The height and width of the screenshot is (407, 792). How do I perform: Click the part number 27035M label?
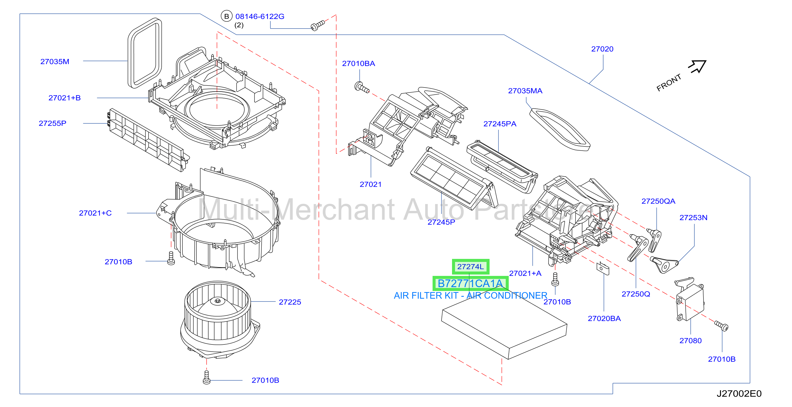point(55,62)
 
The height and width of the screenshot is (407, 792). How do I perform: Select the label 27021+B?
point(65,98)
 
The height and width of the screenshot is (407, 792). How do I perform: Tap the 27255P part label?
point(53,123)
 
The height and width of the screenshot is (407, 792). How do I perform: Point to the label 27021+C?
point(95,213)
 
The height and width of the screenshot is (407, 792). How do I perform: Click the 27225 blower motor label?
point(290,302)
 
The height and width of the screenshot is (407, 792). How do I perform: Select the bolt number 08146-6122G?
point(260,17)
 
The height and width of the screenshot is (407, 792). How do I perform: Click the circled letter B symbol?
point(227,16)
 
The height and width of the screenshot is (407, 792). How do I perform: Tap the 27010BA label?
point(359,64)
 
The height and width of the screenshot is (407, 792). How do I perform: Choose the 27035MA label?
point(525,91)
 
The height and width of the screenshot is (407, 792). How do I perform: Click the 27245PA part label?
point(500,124)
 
